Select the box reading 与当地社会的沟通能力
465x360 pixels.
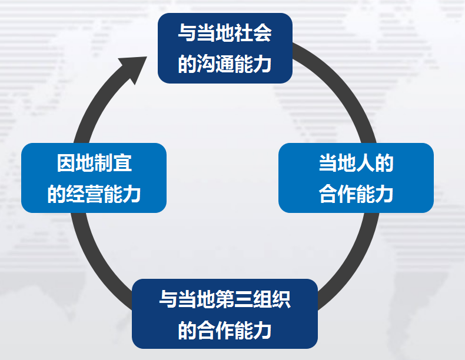(225, 48)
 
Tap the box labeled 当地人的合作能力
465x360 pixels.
(356, 178)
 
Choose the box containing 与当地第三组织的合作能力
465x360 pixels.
(225, 314)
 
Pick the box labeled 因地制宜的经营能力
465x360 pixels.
(94, 178)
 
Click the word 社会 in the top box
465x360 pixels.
(253, 32)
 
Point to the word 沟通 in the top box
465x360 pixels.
(215, 64)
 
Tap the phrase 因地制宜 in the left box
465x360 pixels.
(94, 163)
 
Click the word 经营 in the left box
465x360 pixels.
(85, 194)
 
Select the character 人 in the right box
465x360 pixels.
(365, 163)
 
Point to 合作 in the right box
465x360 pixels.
(337, 194)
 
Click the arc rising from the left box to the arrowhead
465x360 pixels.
(98, 106)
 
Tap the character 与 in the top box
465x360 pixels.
(187, 32)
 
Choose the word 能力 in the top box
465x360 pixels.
(253, 64)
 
